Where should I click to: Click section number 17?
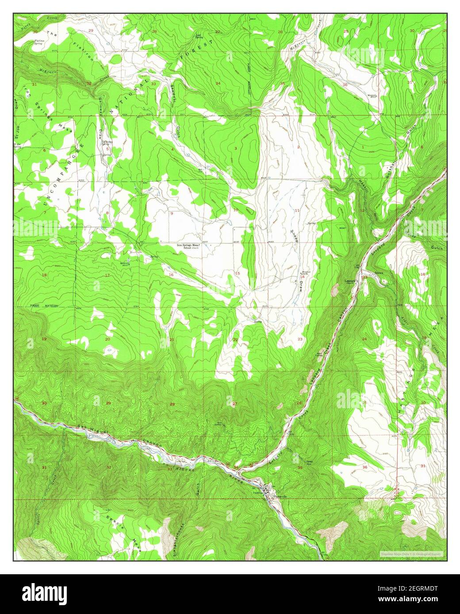[107, 275]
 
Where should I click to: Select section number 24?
[364, 339]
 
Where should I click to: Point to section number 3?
[236, 148]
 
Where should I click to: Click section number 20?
[107, 339]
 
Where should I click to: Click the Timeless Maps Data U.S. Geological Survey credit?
[411, 553]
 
